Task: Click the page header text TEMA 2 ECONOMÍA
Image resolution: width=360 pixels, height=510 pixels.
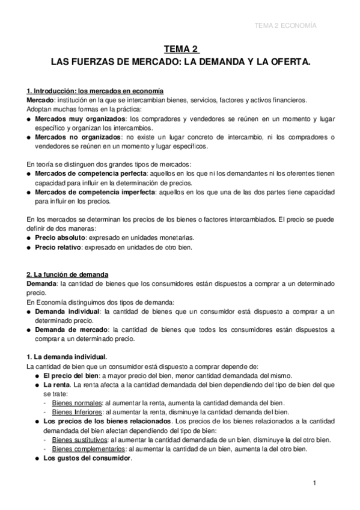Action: [x=285, y=26]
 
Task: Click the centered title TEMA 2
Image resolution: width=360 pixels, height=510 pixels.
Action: [x=180, y=50]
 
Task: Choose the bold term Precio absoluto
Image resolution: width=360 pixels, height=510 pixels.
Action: [x=59, y=238]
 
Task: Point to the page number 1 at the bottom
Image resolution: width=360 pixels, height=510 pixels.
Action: [x=314, y=483]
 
